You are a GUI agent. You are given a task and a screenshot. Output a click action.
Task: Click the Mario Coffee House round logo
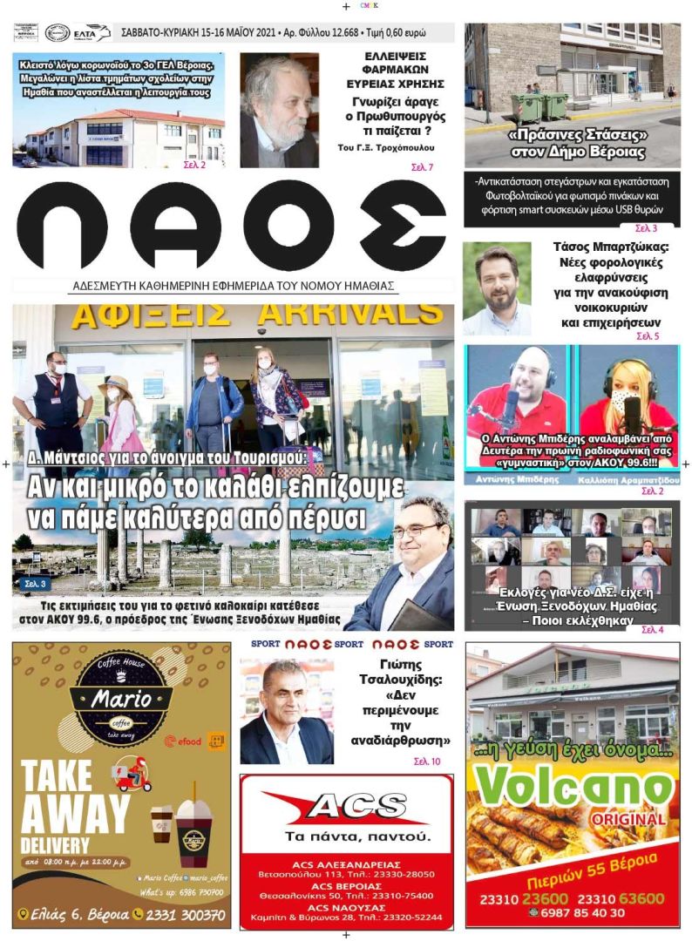pos(121,699)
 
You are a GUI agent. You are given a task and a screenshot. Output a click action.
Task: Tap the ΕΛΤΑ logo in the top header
pos(92,33)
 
